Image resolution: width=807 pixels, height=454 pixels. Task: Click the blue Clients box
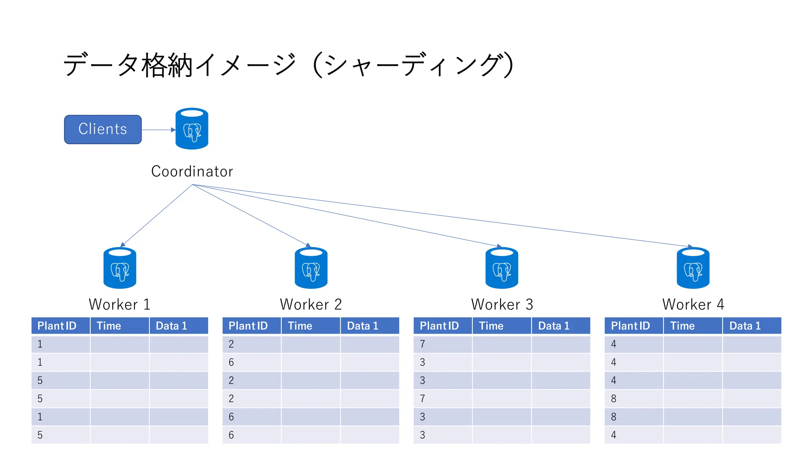coord(103,129)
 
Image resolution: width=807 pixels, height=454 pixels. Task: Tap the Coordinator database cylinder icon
coord(192,129)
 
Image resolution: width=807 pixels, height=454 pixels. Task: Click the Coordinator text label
coord(192,171)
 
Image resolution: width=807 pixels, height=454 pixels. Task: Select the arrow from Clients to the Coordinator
coord(158,130)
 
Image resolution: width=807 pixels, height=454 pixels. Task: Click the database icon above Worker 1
coord(120,268)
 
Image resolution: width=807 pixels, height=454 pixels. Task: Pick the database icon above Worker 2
coord(311,268)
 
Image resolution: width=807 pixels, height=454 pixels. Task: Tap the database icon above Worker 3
coord(502,268)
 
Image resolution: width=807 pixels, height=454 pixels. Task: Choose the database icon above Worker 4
coord(693,268)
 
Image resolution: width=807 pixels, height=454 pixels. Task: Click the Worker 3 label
coord(502,304)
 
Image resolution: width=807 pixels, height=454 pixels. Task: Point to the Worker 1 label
coord(120,304)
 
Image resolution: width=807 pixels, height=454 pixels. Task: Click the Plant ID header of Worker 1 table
coord(57,326)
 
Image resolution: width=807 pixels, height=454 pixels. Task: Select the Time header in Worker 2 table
coord(300,326)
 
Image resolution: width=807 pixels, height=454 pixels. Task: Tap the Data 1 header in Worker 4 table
coord(745,326)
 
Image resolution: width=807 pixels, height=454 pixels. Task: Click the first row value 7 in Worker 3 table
coord(422,344)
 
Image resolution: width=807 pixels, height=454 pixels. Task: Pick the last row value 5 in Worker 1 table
coord(40,435)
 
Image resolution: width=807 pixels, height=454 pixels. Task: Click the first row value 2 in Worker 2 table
coord(231,344)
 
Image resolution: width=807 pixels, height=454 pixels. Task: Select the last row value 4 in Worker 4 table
coord(614,435)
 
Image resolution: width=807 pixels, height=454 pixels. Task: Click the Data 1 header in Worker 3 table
coord(554,326)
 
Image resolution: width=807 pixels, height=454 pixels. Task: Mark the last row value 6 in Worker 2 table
coord(231,435)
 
